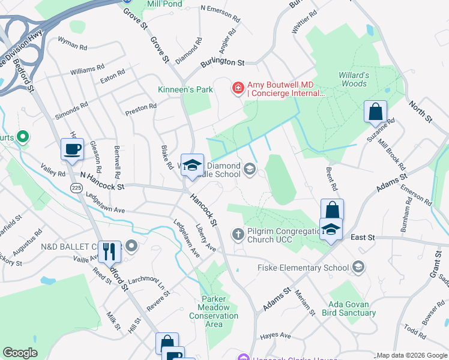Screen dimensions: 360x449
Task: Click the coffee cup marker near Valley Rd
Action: [x=72, y=149]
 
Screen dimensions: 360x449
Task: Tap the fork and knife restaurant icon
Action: [x=109, y=251]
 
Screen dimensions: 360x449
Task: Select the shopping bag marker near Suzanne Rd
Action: [x=375, y=112]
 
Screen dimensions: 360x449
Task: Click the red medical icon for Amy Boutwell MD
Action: [x=238, y=89]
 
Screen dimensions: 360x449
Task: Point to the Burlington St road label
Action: [x=223, y=62]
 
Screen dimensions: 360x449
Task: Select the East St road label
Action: [x=363, y=238]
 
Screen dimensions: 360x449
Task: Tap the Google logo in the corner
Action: [x=20, y=353]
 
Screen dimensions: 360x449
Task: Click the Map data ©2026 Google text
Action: [x=412, y=355]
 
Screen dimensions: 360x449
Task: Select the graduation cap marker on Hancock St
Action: [x=193, y=166]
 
